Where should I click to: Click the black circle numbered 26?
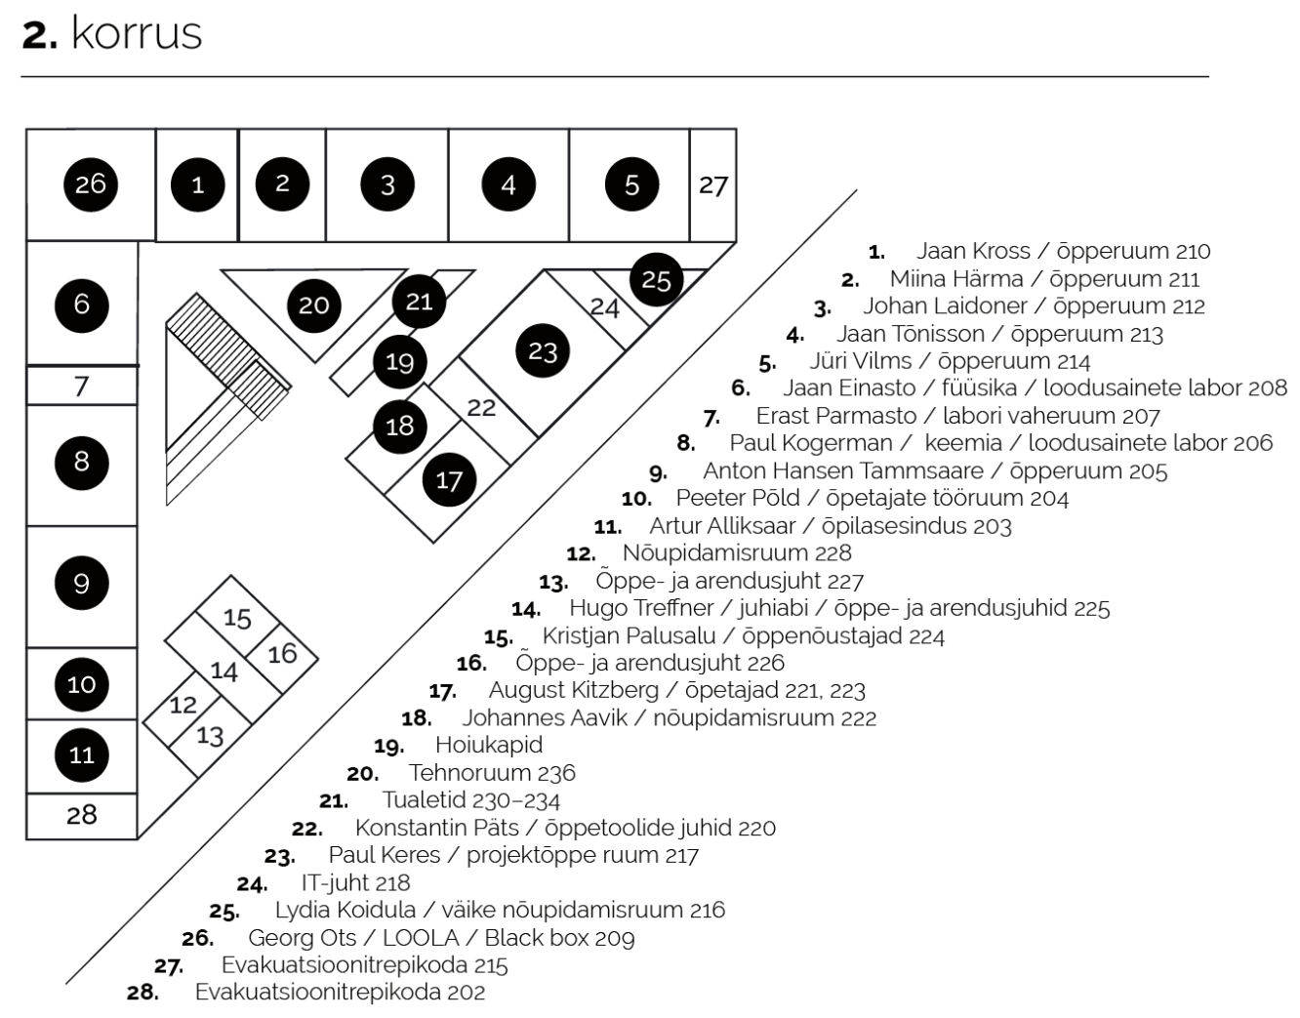pyautogui.click(x=91, y=184)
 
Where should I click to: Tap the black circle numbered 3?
pyautogui.click(x=387, y=184)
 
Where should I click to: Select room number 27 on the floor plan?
pyautogui.click(x=713, y=185)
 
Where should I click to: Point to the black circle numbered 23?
pyautogui.click(x=543, y=350)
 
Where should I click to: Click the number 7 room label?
pyautogui.click(x=82, y=387)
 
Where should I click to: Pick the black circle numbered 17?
pyautogui.click(x=449, y=479)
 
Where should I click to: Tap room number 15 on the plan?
pyautogui.click(x=237, y=619)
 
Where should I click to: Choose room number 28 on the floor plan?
pyautogui.click(x=81, y=815)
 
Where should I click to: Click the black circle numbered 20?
pyautogui.click(x=313, y=305)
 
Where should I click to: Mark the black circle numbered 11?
pyautogui.click(x=81, y=754)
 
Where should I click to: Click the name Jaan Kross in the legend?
pyautogui.click(x=973, y=251)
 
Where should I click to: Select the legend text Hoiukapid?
pyautogui.click(x=489, y=746)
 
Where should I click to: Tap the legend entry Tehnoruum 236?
pyautogui.click(x=492, y=773)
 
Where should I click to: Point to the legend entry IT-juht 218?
pyautogui.click(x=356, y=883)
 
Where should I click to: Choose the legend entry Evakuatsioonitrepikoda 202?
pyautogui.click(x=340, y=992)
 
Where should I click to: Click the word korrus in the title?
pyautogui.click(x=137, y=33)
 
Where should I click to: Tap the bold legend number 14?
pyautogui.click(x=526, y=609)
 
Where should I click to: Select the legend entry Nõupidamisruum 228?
pyautogui.click(x=737, y=552)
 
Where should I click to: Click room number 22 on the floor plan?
pyautogui.click(x=481, y=407)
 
